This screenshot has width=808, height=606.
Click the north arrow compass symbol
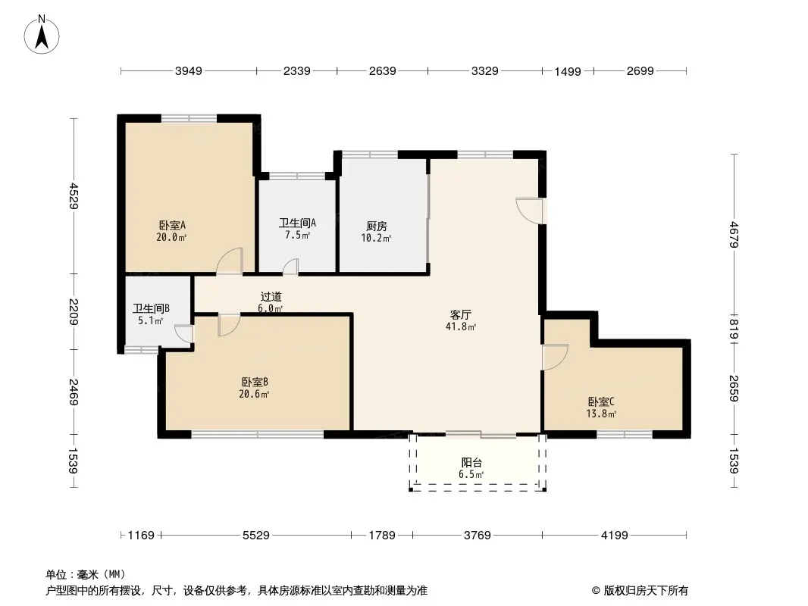pos(42,35)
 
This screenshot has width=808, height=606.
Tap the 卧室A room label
pos(172,226)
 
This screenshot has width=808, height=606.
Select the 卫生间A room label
pos(297,223)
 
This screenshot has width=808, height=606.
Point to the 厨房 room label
pos(377,226)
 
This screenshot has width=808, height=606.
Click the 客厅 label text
pos(461,314)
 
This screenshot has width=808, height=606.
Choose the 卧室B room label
pos(255,383)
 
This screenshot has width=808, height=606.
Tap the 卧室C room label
pos(601,402)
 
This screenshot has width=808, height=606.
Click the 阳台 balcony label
pos(471,463)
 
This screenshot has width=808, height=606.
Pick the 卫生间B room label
pos(151,308)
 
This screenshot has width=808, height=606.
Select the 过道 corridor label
pos(271,297)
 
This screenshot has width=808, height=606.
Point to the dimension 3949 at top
pos(189,71)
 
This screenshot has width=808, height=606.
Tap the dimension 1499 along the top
pos(568,71)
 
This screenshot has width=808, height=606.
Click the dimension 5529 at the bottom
pos(256,536)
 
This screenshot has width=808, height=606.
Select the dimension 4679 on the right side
pos(734,234)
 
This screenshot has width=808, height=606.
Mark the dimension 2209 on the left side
pos(73,312)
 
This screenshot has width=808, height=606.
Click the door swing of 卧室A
pos(230,261)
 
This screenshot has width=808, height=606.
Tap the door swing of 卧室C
pos(555,357)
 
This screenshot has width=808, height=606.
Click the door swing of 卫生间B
pos(184,333)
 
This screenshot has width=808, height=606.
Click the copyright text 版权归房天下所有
pos(646,591)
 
